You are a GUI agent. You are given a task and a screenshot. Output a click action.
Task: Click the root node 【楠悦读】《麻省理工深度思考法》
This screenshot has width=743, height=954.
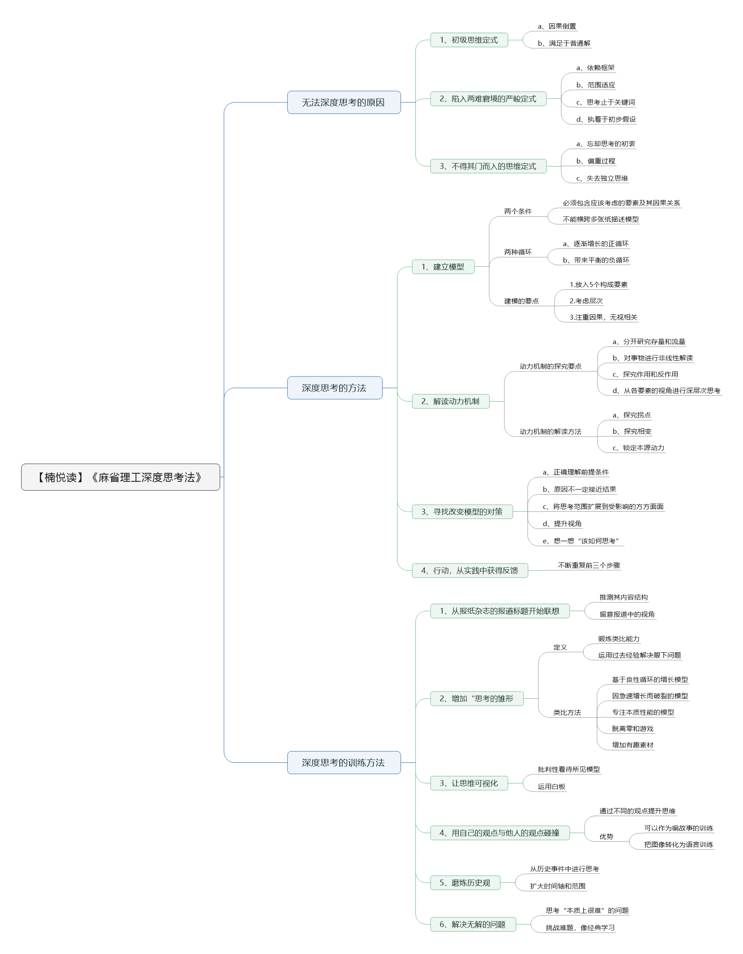click(120, 477)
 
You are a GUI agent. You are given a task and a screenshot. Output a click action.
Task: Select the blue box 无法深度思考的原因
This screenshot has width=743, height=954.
click(344, 103)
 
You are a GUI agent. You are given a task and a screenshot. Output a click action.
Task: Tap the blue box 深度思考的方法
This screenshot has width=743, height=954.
click(335, 388)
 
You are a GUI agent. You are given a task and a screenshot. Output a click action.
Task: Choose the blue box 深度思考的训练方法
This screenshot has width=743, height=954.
click(344, 762)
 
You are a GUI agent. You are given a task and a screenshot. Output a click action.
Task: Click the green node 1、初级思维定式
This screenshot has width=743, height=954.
click(469, 40)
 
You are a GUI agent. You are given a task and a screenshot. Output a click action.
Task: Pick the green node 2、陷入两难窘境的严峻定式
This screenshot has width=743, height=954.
click(488, 98)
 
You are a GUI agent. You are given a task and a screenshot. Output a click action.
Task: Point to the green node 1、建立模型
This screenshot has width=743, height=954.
click(443, 267)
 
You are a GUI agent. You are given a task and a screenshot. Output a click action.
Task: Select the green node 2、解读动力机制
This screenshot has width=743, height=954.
click(451, 401)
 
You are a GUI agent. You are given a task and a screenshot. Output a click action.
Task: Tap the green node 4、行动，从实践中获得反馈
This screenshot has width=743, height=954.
click(470, 570)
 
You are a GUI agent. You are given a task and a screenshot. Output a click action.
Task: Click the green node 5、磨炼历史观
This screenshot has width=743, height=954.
click(465, 882)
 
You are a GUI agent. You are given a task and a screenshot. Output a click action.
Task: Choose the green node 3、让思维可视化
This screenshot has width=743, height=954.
click(469, 783)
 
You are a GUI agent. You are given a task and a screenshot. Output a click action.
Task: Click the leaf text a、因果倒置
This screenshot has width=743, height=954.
click(557, 26)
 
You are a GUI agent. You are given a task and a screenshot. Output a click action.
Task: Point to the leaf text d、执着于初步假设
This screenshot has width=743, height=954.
click(606, 120)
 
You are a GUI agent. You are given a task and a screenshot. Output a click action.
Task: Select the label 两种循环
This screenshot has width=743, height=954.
click(518, 252)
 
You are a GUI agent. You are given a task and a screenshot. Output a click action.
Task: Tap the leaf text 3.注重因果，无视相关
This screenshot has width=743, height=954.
click(603, 317)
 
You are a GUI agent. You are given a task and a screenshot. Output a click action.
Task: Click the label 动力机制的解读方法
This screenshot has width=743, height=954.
click(551, 432)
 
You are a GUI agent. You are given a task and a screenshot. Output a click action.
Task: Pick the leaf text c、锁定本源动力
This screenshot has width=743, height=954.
click(638, 448)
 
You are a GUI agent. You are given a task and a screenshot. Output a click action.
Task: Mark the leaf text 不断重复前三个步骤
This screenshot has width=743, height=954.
click(589, 565)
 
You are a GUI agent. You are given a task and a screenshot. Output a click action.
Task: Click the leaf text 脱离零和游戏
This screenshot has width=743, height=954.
click(633, 729)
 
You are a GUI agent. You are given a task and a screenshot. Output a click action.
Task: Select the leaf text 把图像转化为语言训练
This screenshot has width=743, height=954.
click(679, 845)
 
